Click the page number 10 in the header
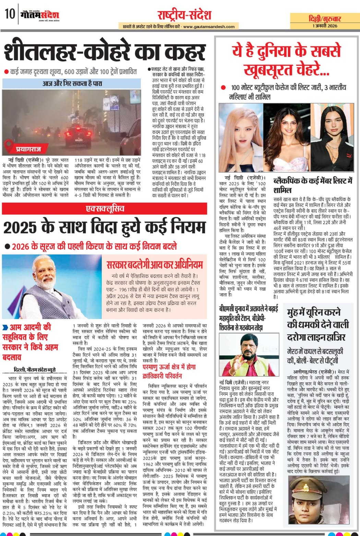[x=10, y=14]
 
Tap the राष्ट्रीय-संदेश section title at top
[x=184, y=15]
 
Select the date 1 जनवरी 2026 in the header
[x=324, y=26]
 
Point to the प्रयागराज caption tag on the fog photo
[x=28, y=149]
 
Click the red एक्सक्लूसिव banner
[x=105, y=209]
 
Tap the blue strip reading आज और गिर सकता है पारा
[x=72, y=83]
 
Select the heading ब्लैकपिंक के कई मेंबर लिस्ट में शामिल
[x=313, y=185]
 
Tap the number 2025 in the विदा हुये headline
[x=21, y=227]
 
